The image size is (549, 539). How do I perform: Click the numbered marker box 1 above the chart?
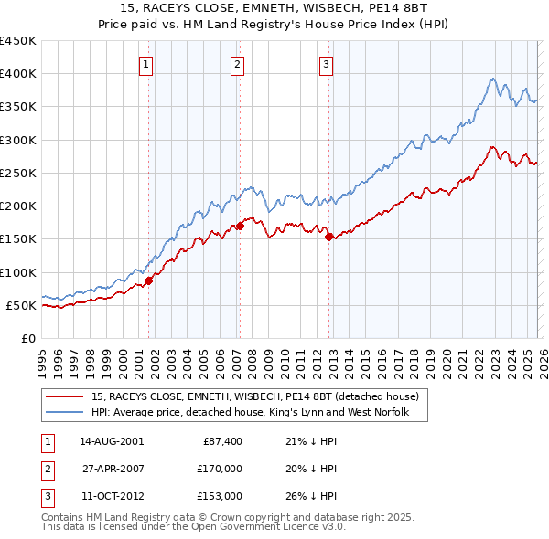point(147,64)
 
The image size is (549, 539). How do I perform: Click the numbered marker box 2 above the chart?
point(237,64)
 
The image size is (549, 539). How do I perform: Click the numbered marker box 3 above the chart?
point(327,64)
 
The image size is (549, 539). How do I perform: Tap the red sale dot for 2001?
point(148,280)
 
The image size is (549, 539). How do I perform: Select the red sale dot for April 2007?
point(240,226)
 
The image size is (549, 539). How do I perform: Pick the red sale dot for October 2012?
point(328,237)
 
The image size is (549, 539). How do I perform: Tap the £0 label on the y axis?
point(27,338)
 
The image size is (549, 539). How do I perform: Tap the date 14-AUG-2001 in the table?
point(112,441)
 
